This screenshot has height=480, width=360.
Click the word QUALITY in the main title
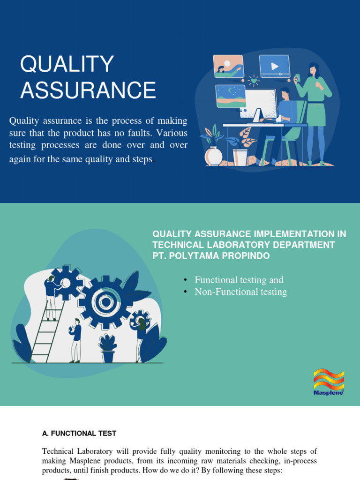67,64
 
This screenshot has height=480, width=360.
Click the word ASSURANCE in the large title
88,90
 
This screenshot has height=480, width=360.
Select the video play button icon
275,66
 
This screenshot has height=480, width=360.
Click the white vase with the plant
213,156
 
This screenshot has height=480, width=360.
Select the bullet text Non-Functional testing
240,292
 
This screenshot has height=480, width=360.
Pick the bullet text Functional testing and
239,280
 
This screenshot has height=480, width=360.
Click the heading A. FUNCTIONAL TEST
79,434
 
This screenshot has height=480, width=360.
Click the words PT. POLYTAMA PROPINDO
211,256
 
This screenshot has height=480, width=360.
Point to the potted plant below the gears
108,348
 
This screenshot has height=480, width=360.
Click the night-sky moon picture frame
230,96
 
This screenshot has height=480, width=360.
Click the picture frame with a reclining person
228,66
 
